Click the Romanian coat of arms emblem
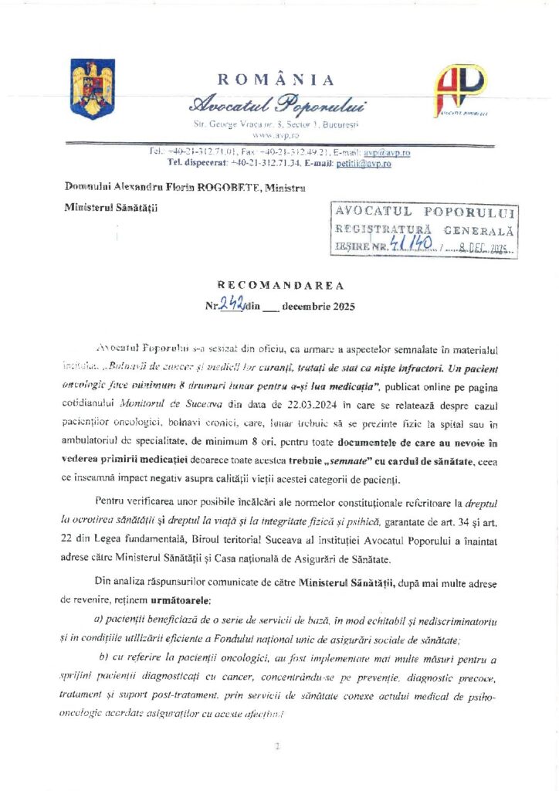93,88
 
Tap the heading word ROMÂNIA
276,80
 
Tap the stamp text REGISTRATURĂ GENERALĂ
424,229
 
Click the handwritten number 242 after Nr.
230,305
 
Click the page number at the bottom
276,746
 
